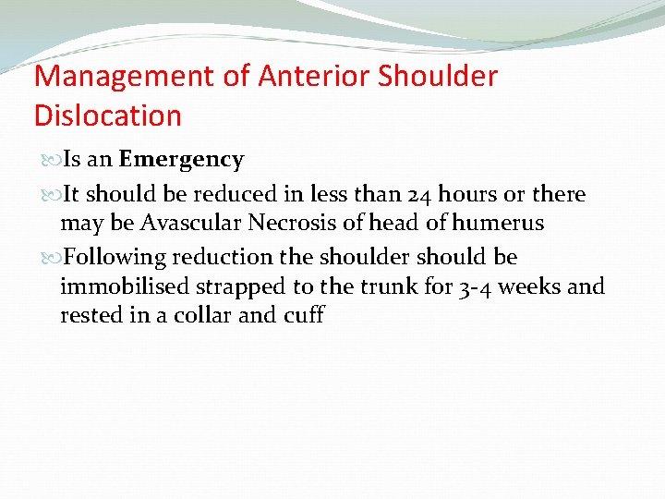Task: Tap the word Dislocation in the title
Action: [x=108, y=116]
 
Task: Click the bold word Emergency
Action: [x=181, y=160]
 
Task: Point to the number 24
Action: [x=419, y=194]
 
